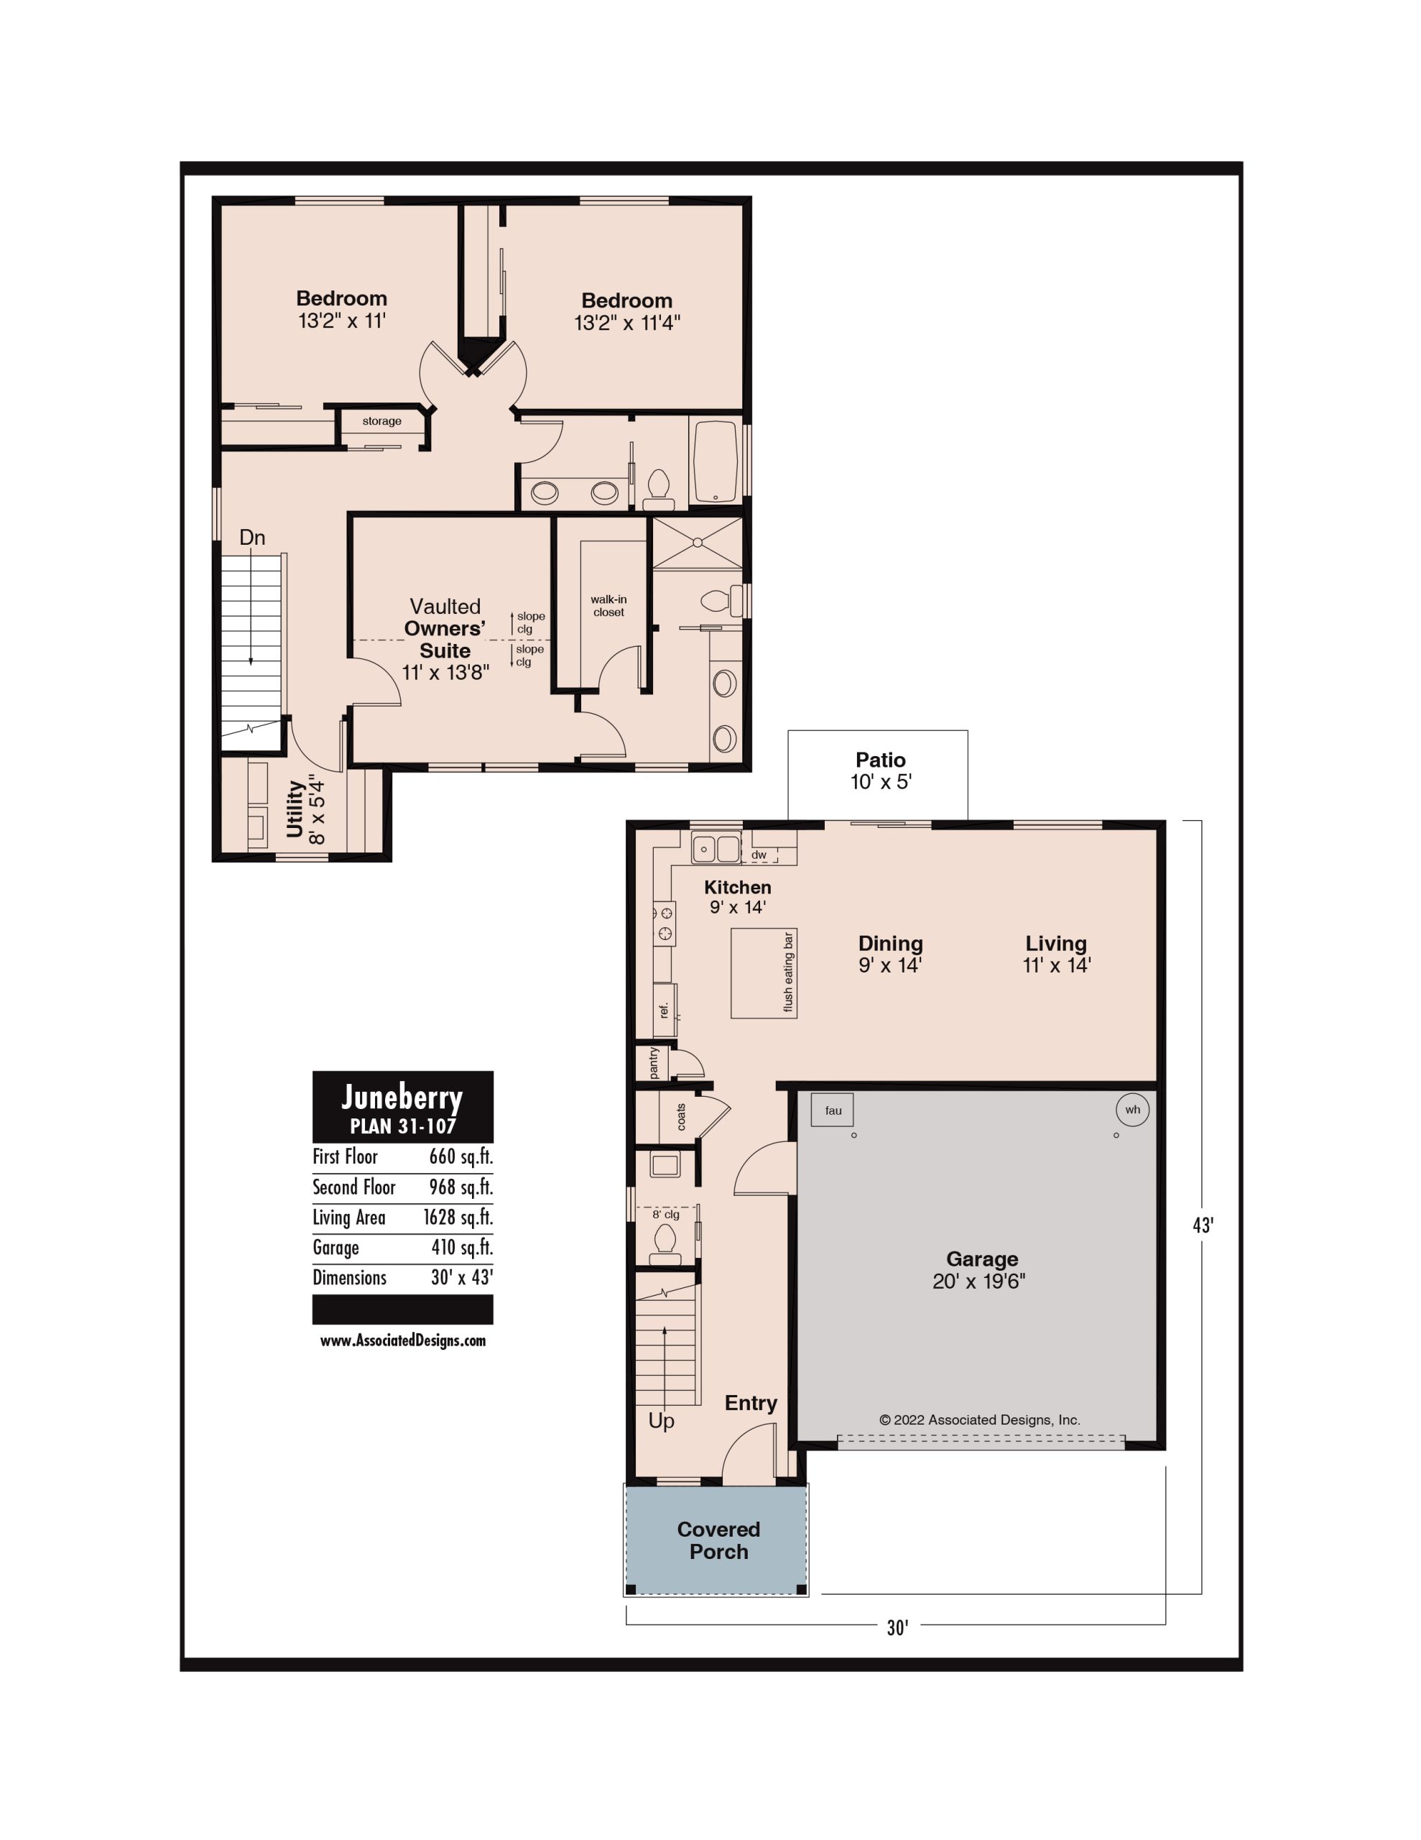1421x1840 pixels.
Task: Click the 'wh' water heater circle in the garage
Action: click(1132, 1110)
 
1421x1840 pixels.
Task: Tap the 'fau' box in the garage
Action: click(832, 1110)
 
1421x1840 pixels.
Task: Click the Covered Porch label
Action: click(718, 1540)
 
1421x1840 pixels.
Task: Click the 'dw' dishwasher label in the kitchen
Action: click(759, 855)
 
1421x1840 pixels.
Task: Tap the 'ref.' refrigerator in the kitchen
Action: click(665, 1009)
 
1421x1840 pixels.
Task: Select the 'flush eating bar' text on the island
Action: click(788, 972)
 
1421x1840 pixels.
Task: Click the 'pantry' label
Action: click(654, 1062)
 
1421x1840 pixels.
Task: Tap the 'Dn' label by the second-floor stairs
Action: click(252, 538)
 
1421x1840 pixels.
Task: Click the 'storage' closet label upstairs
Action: click(381, 421)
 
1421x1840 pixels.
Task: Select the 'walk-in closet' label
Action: click(608, 606)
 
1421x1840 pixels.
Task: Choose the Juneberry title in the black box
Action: click(402, 1098)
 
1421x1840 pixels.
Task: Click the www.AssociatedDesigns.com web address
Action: click(402, 1340)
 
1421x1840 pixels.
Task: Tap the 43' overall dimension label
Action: click(1203, 1225)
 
